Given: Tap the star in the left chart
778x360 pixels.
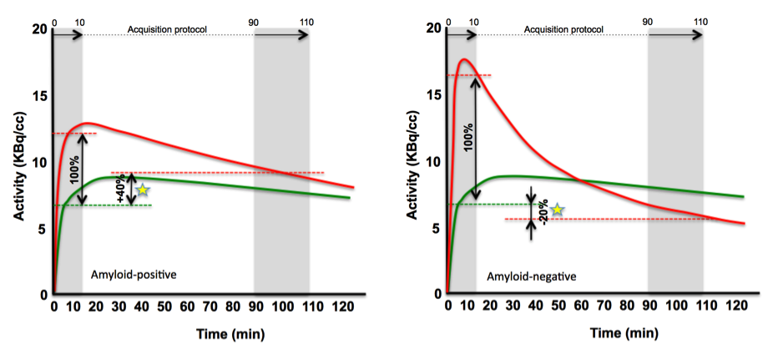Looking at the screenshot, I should [143, 190].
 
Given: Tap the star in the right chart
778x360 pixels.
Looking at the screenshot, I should [557, 210].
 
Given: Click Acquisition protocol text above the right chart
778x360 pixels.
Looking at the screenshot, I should [563, 30].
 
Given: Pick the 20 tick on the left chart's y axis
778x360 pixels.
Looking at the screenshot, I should [38, 28].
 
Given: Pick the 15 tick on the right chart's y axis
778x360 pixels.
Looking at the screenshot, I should [432, 94].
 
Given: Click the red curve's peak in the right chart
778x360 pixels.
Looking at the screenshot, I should [463, 59].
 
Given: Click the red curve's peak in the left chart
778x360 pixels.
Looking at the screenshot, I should [86, 124].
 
